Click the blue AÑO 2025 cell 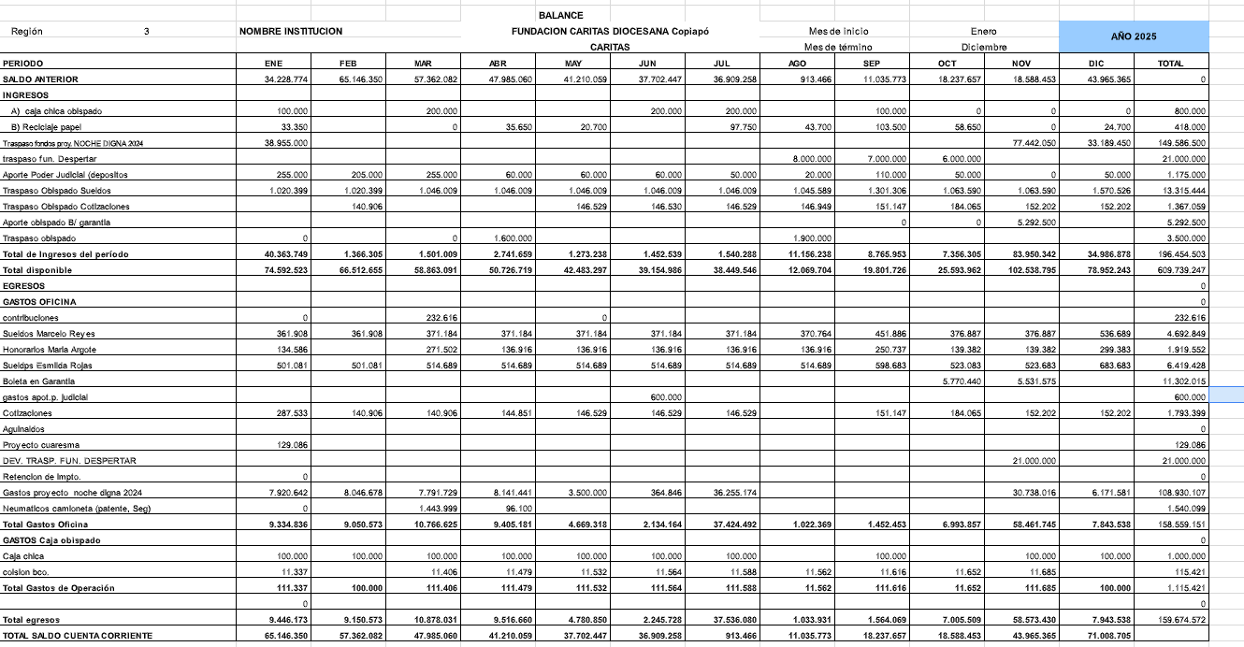(x=1134, y=36)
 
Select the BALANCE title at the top (x=561, y=16)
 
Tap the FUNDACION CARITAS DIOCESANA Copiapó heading (x=610, y=31)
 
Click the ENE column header (x=274, y=64)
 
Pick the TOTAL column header (x=1170, y=64)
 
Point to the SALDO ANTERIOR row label (x=41, y=79)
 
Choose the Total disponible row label (x=37, y=270)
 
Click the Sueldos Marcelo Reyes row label (x=49, y=334)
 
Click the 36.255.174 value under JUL (x=734, y=493)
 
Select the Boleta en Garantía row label (x=39, y=381)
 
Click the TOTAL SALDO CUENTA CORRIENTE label (x=79, y=636)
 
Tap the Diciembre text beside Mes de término (x=984, y=47)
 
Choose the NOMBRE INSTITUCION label (x=291, y=31)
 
